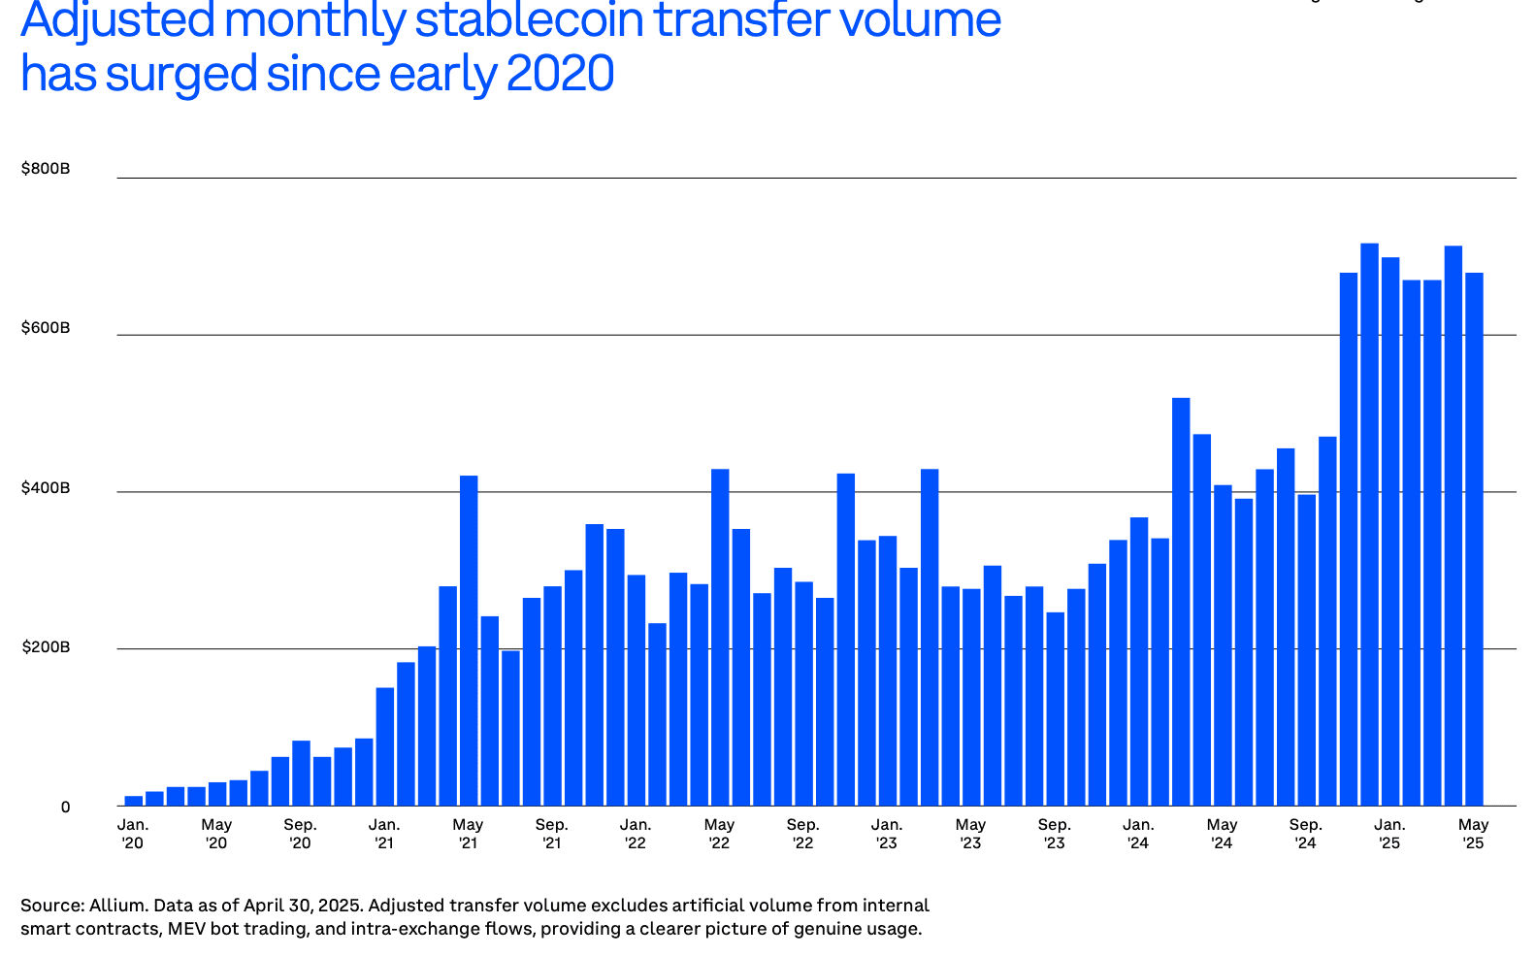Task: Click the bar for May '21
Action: pos(469,641)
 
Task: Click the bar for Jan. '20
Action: pos(134,801)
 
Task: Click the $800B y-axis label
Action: pos(46,169)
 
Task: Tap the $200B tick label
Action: pos(46,647)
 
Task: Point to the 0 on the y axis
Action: pos(65,807)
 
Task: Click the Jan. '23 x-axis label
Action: pos(887,834)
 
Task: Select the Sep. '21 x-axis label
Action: pos(552,834)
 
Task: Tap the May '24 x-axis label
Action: pos(1223,834)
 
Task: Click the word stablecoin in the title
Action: pos(530,19)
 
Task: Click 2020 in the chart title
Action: pos(560,74)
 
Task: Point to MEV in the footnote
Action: pos(185,929)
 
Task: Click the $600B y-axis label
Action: pos(46,328)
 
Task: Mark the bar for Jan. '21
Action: pos(385,746)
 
